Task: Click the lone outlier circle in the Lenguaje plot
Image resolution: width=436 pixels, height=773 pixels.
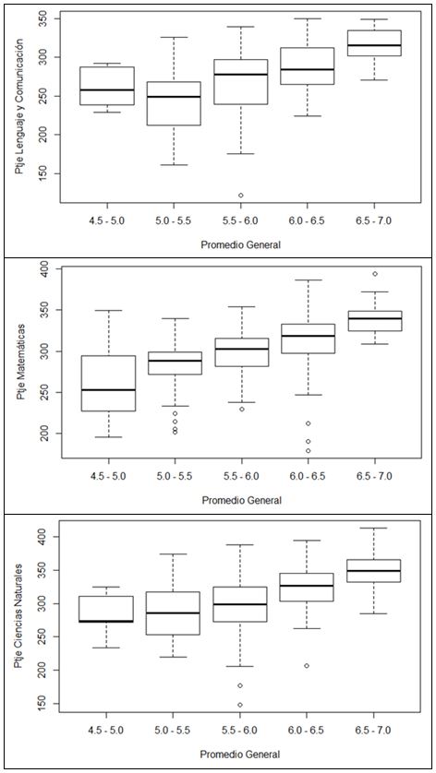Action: tap(240, 196)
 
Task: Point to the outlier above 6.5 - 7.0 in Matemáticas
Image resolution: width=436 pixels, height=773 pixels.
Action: tap(375, 274)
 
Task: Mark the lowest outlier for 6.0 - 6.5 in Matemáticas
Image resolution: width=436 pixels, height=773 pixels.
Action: tap(308, 450)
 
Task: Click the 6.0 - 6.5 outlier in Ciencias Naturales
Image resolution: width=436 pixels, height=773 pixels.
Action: tap(307, 665)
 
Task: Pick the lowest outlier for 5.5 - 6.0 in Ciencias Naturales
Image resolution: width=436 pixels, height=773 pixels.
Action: tap(240, 705)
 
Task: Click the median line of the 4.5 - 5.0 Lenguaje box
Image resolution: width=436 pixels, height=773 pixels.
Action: tap(107, 89)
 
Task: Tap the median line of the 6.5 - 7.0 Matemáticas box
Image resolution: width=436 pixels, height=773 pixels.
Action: tap(375, 318)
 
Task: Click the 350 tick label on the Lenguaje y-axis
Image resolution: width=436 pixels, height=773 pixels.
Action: tap(48, 18)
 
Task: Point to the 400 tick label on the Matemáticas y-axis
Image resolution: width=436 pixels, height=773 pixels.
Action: tap(48, 268)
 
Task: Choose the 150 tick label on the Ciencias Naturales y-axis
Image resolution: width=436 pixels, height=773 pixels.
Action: tap(48, 704)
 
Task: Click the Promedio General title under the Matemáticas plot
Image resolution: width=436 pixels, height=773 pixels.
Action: tap(241, 500)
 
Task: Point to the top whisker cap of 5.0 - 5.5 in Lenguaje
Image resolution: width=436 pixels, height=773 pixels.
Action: tap(174, 37)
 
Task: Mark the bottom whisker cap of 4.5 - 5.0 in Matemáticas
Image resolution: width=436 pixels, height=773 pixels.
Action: tap(108, 437)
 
